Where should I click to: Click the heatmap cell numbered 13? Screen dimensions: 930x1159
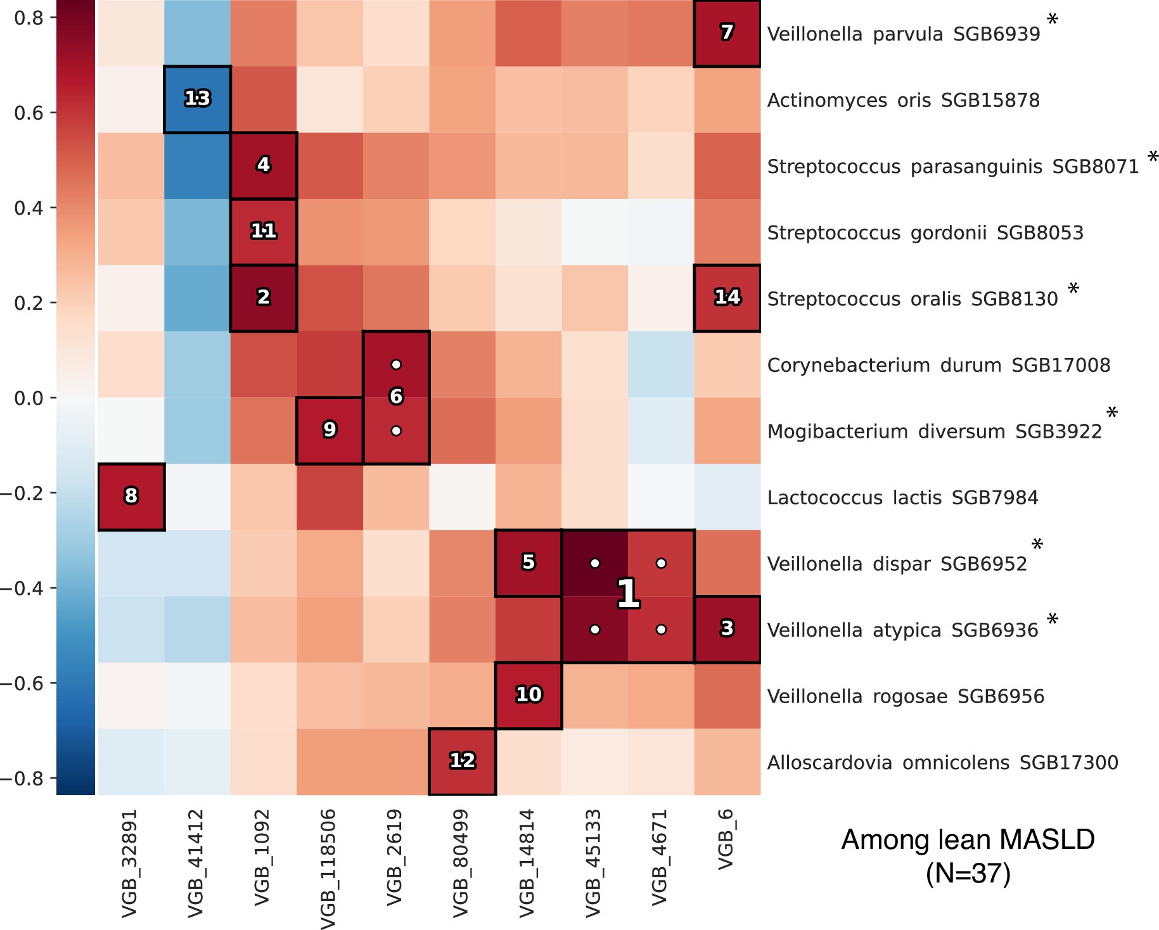197,99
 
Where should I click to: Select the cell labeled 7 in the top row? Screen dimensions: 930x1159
727,32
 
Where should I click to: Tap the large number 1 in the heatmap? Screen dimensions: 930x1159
627,594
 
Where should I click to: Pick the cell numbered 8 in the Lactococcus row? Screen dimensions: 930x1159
131,496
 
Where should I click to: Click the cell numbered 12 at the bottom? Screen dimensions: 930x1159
462,760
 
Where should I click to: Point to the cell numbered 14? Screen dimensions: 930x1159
727,297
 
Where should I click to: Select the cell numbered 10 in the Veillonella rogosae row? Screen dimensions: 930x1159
528,695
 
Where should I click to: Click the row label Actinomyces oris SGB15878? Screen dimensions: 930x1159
903,101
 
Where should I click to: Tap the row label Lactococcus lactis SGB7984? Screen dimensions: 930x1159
902,498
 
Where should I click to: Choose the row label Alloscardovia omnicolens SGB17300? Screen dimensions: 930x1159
942,763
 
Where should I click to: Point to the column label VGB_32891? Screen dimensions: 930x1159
130,863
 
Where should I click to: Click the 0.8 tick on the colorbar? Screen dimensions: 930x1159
29,18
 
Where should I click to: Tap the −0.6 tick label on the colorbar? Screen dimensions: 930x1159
24,683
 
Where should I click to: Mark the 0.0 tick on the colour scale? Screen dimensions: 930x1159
29,398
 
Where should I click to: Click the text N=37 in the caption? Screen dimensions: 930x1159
968,874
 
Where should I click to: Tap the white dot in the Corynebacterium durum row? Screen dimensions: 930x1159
396,365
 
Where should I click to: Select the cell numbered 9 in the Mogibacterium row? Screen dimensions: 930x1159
330,430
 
